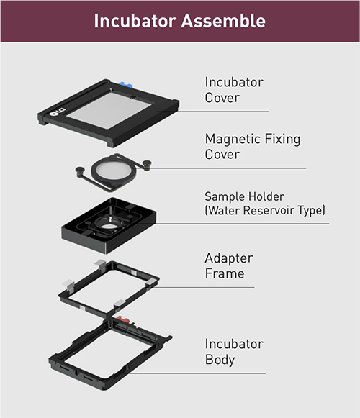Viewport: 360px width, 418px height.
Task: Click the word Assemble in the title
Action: pos(224,21)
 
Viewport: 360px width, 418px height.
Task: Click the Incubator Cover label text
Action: pos(234,90)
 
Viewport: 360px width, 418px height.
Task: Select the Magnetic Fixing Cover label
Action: pos(253,147)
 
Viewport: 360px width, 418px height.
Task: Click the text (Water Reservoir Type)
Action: pos(265,210)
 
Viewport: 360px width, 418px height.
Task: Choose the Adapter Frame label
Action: pos(229,265)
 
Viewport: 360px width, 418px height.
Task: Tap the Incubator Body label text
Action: pos(234,352)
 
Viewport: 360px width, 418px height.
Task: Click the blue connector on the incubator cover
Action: pos(125,85)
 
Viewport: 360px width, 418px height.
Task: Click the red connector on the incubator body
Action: pos(123,319)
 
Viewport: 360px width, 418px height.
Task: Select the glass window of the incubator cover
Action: pos(109,110)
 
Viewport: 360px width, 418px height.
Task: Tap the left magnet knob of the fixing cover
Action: pos(80,170)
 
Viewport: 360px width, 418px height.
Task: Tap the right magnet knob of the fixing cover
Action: pos(147,163)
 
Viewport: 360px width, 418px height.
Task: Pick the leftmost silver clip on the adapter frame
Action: pos(68,284)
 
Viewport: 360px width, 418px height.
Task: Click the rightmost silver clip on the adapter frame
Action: pos(150,282)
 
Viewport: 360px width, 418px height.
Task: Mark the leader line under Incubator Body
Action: pos(197,373)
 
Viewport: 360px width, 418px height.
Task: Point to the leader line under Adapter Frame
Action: pos(203,287)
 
